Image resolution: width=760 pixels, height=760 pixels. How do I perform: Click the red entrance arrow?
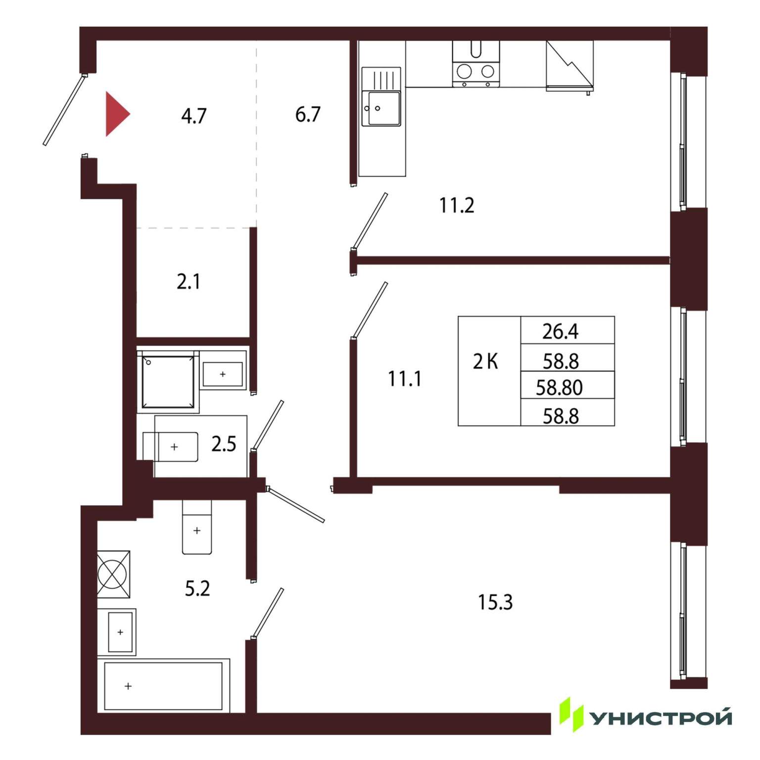click(116, 114)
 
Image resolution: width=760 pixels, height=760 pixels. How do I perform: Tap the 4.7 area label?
click(193, 116)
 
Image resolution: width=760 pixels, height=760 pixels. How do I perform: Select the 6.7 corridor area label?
click(308, 114)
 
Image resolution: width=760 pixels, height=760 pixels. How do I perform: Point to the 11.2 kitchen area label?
click(456, 205)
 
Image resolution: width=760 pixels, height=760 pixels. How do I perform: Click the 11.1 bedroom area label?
click(404, 379)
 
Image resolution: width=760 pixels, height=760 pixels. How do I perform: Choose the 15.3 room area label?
click(495, 602)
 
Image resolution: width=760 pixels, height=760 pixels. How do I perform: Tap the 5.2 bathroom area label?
click(197, 588)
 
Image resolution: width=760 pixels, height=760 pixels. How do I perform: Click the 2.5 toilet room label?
click(224, 444)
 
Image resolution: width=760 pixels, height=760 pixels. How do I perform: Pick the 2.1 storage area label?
click(189, 282)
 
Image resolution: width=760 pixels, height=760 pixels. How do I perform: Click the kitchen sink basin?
click(381, 108)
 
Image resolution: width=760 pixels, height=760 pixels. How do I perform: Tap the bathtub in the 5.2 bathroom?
click(163, 686)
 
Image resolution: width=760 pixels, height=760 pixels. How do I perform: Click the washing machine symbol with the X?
click(113, 574)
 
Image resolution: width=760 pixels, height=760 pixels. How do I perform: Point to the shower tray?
click(168, 381)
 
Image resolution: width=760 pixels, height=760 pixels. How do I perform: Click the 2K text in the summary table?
click(485, 362)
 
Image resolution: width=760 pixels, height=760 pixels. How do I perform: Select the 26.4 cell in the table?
click(560, 331)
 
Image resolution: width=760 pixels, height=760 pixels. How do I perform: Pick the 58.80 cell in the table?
click(559, 387)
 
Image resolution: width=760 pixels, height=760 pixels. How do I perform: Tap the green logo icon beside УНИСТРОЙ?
click(571, 714)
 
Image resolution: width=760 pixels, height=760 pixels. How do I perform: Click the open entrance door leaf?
click(64, 110)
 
